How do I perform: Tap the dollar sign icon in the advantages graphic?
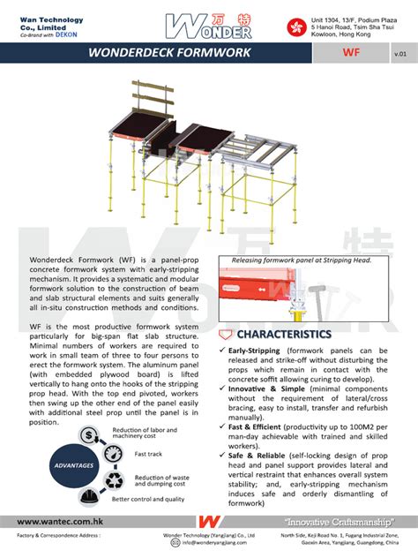pos(89,434)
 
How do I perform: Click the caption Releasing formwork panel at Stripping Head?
pos(302,260)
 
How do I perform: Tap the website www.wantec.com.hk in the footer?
pos(57,521)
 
